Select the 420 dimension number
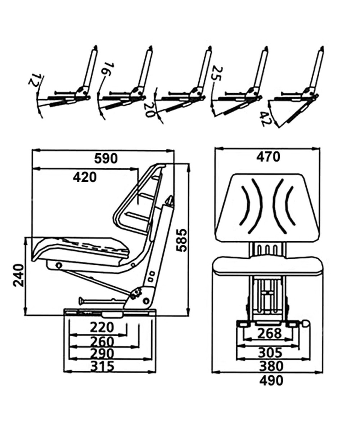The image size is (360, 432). (85, 177)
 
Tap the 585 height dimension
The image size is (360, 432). (181, 239)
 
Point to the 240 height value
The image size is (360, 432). (18, 275)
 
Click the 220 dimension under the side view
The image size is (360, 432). (102, 328)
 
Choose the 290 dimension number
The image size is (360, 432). (102, 354)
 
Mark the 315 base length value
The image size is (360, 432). (102, 366)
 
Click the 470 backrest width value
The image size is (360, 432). (267, 157)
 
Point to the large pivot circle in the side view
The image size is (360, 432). (146, 301)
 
